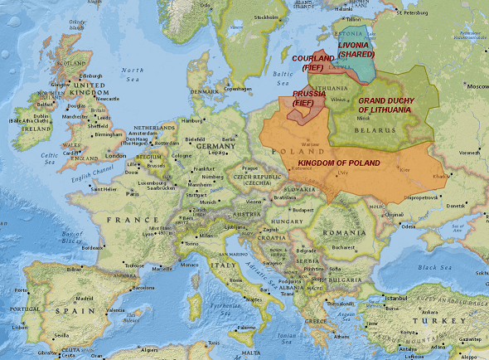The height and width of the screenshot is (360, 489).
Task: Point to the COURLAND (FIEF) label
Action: (312, 62)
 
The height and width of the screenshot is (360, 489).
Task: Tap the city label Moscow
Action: (477, 86)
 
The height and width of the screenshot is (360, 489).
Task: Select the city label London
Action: (114, 155)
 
